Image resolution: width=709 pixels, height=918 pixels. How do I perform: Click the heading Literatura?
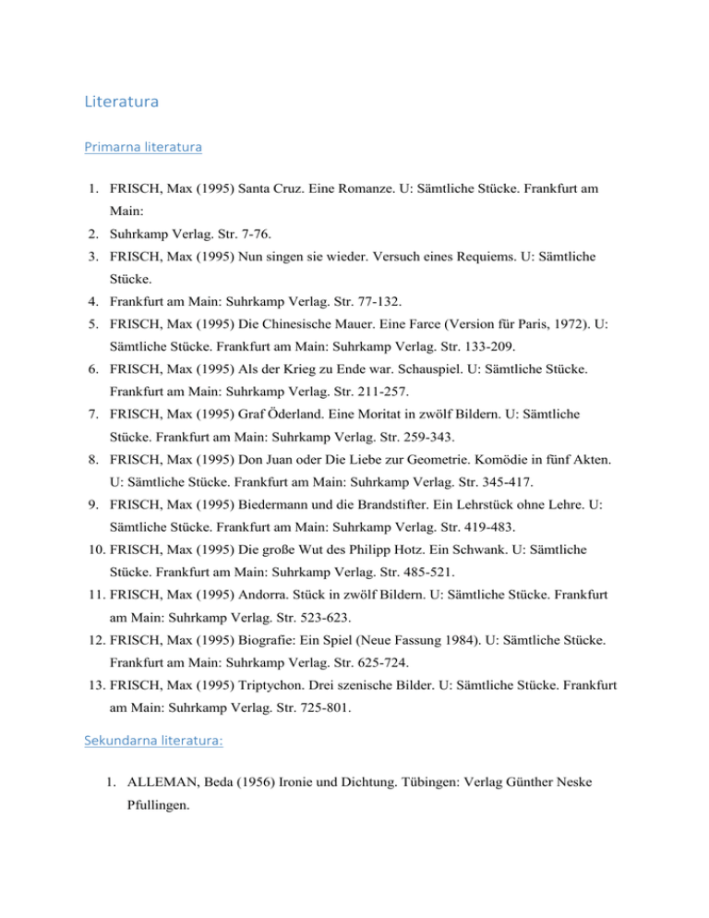tap(121, 102)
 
